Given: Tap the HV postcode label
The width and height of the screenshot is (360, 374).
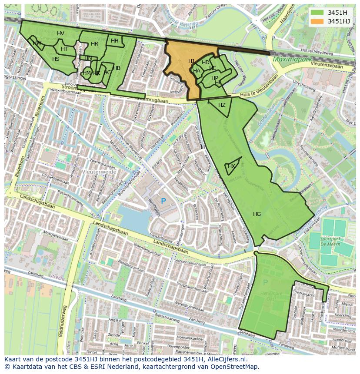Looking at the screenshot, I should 60,34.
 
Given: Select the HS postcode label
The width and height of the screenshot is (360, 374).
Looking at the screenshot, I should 56,59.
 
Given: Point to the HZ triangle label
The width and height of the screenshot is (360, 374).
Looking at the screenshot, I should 222,105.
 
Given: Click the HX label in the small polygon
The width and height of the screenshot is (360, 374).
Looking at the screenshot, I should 231,166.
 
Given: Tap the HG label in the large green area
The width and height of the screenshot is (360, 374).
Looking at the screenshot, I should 257,214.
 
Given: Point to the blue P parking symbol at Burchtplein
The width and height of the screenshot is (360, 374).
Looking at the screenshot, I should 163,201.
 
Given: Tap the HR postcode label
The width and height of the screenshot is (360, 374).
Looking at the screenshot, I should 94,44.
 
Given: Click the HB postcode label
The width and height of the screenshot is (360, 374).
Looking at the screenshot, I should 117,68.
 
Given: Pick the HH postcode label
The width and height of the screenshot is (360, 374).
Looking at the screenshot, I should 114,41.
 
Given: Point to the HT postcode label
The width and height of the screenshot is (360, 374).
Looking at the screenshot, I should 64,49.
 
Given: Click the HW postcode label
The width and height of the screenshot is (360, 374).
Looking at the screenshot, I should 37,43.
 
